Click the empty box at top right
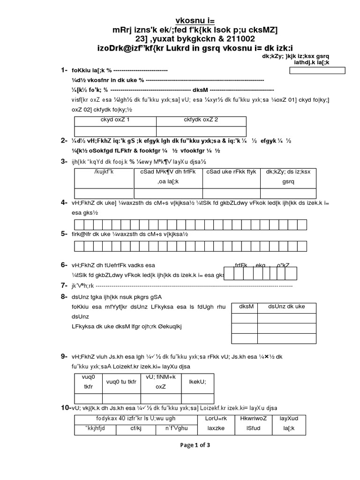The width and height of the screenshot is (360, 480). pyautogui.click(x=317, y=71)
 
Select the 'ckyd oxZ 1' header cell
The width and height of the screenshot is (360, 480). pyautogui.click(x=115, y=120)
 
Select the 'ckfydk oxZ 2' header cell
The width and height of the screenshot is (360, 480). pyautogui.click(x=201, y=120)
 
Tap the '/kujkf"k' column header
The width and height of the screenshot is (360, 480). pyautogui.click(x=104, y=172)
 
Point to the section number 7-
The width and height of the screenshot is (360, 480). pyautogui.click(x=64, y=285)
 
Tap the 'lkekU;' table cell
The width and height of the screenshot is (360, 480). pyautogui.click(x=197, y=382)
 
